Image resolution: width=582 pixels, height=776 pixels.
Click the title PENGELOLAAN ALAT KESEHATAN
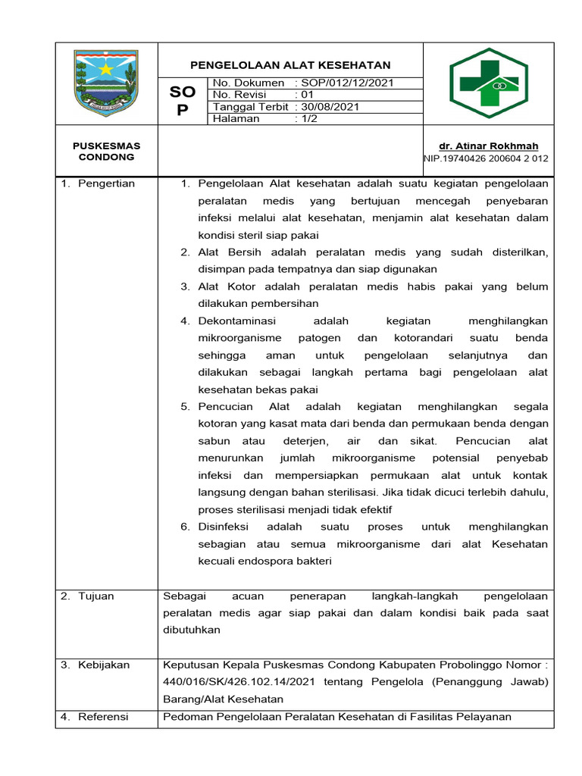tap(290, 65)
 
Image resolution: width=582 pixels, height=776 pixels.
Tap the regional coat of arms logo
tap(105, 83)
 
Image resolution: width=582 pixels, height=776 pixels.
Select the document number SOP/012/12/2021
tap(347, 83)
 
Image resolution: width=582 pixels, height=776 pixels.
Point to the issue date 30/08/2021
tap(330, 107)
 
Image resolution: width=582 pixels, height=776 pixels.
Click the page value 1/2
tap(310, 119)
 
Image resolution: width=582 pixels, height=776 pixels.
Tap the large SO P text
tap(182, 100)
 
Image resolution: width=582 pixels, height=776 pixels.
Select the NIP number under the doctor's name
tap(486, 158)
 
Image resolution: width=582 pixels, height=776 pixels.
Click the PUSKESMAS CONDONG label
tap(106, 151)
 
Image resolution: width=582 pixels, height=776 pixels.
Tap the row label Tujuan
tap(95, 596)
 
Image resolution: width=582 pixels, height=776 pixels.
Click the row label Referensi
tap(103, 716)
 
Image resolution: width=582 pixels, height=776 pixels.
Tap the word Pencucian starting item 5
tap(227, 406)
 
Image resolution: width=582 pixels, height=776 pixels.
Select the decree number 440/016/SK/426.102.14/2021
tap(240, 681)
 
